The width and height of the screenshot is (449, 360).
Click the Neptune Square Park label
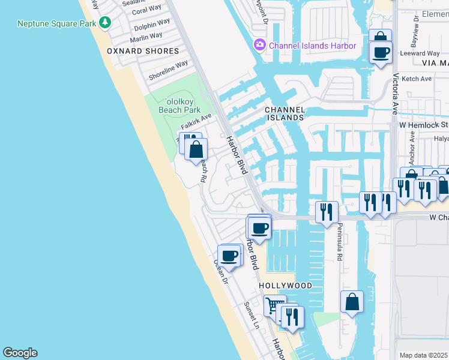click(57, 23)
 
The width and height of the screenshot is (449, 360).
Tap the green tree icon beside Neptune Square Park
click(106, 23)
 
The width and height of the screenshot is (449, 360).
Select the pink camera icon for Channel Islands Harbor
click(259, 45)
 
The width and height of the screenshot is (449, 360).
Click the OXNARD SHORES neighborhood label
click(143, 51)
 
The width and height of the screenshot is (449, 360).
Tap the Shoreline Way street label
click(169, 70)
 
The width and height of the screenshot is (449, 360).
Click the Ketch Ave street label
click(417, 79)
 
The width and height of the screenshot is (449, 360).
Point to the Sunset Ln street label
click(252, 315)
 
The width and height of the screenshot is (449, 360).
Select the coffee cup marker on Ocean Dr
click(229, 256)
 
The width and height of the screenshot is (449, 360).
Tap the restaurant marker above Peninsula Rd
click(327, 212)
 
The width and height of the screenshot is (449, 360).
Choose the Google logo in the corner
click(20, 353)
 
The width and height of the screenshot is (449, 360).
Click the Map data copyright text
click(423, 355)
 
